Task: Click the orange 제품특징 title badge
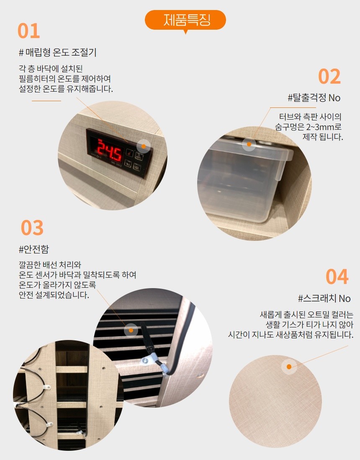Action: (x=185, y=20)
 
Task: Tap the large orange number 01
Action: (x=29, y=31)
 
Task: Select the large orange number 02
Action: (x=329, y=77)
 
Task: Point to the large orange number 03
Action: (x=32, y=227)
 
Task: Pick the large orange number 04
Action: (x=337, y=277)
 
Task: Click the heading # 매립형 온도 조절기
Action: (x=57, y=53)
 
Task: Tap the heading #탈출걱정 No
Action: (x=314, y=98)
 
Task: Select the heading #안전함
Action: (x=34, y=249)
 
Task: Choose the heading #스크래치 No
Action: (x=324, y=299)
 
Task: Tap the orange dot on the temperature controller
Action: (x=144, y=146)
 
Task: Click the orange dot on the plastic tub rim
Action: (x=249, y=144)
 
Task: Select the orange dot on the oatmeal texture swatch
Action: (x=289, y=367)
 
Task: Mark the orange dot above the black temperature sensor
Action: (x=131, y=330)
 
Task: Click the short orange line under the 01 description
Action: (x=46, y=101)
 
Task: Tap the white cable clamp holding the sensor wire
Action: (x=146, y=360)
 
